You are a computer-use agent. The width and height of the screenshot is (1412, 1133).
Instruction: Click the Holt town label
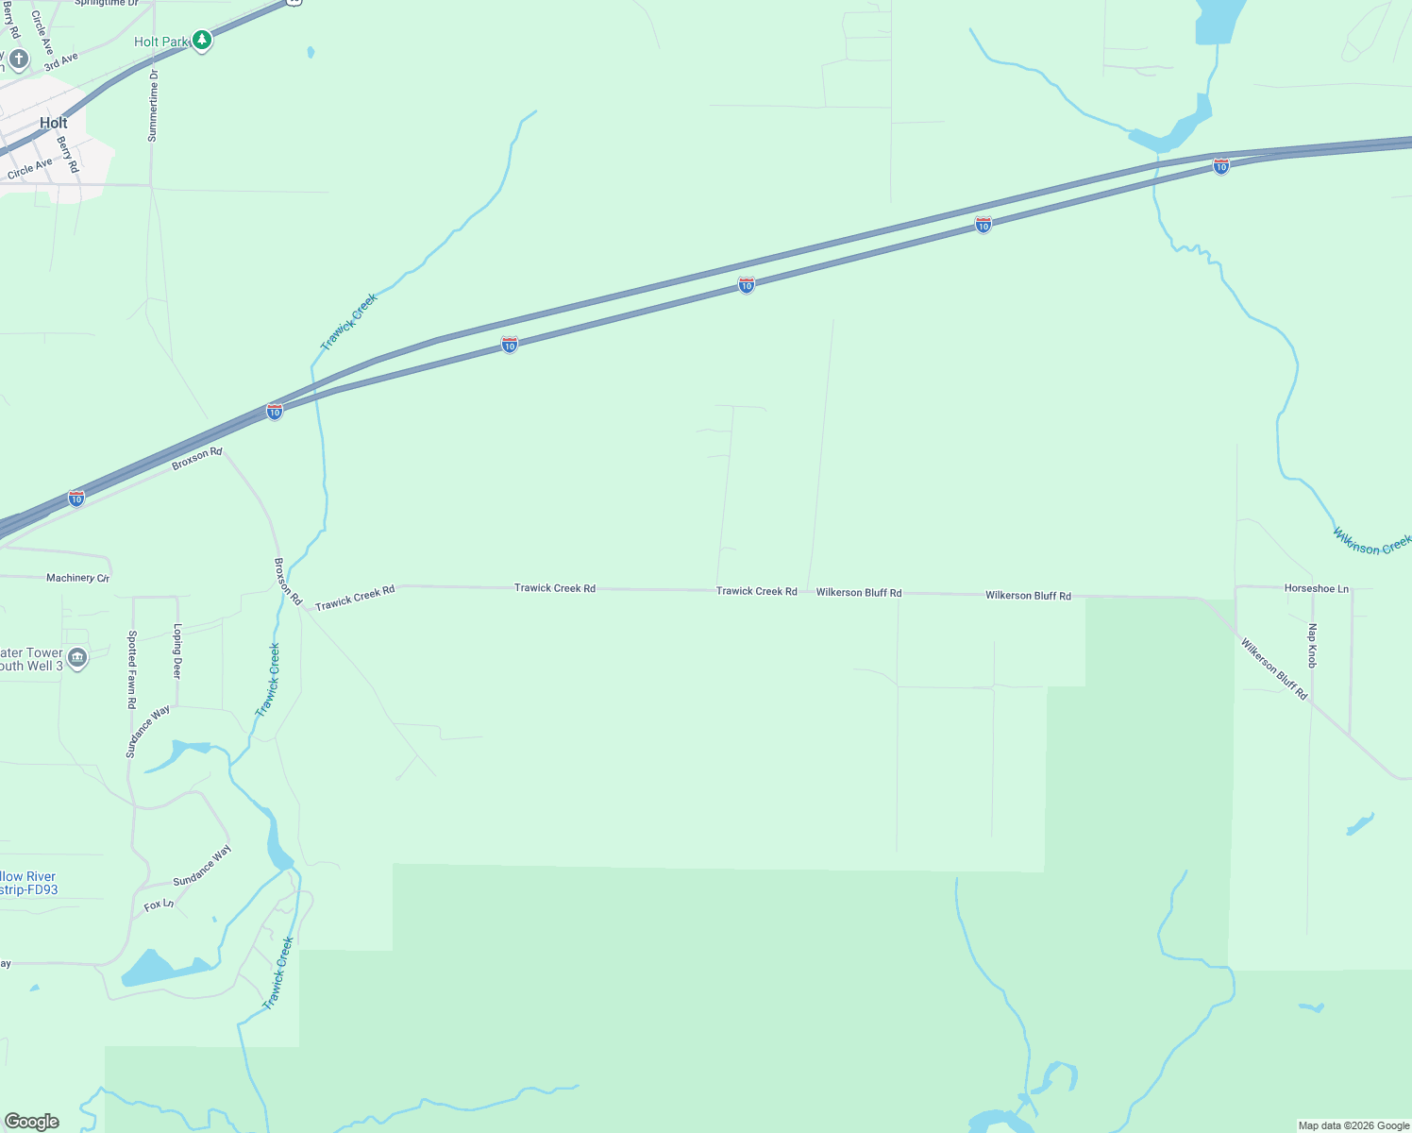click(54, 123)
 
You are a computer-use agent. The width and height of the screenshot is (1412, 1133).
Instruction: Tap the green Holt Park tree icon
click(201, 41)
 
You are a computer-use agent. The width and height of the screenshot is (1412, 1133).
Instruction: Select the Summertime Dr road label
click(153, 106)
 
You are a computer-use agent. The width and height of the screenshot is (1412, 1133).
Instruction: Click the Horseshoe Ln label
click(1317, 588)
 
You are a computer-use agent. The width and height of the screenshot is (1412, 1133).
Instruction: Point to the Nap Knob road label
click(1312, 646)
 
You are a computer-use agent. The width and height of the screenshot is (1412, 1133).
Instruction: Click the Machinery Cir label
click(77, 578)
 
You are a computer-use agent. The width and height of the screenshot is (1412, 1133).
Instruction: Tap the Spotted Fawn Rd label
click(132, 669)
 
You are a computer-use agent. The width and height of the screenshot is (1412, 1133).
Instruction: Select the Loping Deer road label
click(176, 651)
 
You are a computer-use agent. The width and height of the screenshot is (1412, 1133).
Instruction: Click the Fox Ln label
click(159, 905)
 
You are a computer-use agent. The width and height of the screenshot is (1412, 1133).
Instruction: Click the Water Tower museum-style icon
click(78, 658)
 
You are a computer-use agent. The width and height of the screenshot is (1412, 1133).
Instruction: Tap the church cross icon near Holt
click(18, 60)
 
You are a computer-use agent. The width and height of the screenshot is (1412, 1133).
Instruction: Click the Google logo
click(32, 1121)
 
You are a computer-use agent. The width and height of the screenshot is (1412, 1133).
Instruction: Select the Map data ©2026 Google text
click(1353, 1125)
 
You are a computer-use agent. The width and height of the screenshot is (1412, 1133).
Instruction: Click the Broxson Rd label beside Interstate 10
click(196, 459)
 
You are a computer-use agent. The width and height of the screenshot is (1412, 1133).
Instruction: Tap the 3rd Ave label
click(60, 62)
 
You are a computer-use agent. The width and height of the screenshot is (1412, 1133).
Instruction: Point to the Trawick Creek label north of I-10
click(349, 322)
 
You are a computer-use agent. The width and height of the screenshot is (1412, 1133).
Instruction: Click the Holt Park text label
click(160, 42)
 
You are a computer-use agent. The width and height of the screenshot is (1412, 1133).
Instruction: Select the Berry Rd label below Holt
click(68, 155)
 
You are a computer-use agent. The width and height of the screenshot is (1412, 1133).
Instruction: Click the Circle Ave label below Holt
click(30, 169)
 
